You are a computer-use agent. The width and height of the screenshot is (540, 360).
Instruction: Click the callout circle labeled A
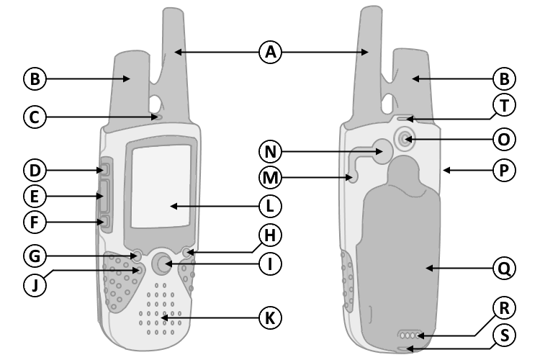click(x=270, y=53)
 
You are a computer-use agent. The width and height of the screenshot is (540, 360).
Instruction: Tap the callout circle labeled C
click(x=35, y=117)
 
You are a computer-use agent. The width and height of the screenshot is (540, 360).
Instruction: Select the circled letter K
click(x=270, y=318)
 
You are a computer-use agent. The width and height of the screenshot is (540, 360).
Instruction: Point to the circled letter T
click(x=504, y=105)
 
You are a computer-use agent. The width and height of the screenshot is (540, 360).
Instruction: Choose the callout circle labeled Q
click(x=504, y=269)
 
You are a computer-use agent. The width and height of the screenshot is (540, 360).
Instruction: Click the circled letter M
click(x=270, y=178)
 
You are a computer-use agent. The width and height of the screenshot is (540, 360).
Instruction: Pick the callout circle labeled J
click(x=35, y=286)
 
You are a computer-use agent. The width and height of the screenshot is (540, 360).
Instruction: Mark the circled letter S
click(x=504, y=336)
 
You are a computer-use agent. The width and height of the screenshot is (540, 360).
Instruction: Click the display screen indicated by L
click(x=161, y=186)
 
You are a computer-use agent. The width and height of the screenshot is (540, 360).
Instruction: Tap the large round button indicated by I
click(x=161, y=264)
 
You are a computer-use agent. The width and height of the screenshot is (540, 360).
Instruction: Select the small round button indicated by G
click(x=137, y=256)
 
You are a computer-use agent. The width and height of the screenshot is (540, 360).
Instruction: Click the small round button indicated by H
click(x=187, y=253)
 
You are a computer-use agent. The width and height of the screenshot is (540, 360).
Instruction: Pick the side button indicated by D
click(x=105, y=169)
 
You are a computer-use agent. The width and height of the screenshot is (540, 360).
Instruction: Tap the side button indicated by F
click(x=105, y=222)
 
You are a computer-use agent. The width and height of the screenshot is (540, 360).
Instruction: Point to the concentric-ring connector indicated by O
click(x=405, y=140)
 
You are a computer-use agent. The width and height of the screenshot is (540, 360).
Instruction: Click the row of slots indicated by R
click(x=410, y=336)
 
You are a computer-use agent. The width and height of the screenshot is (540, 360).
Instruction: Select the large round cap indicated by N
click(x=382, y=151)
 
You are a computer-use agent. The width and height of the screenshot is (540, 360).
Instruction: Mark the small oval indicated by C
click(x=157, y=117)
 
